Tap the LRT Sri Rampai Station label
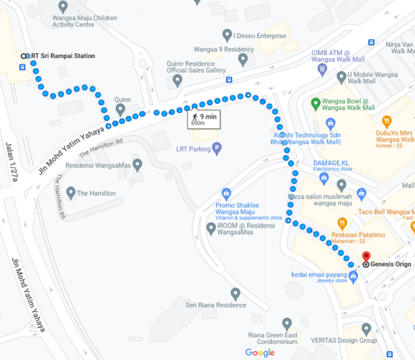pos(61,56)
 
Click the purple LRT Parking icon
pos(217,148)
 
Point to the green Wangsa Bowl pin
pos(316,103)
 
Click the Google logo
pos(259,352)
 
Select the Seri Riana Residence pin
pos(235,294)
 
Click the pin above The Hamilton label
pos(70,192)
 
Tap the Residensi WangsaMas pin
pos(138,164)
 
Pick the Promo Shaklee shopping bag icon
pos(226,193)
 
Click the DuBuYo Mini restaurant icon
pos(386,121)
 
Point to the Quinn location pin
pos(120,110)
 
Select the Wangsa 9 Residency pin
pos(243,59)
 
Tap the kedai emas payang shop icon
pos(353,276)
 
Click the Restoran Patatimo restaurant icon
pos(342,223)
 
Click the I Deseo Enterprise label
pos(259,36)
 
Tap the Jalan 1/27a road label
pos(11,162)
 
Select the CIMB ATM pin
pos(323,69)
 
